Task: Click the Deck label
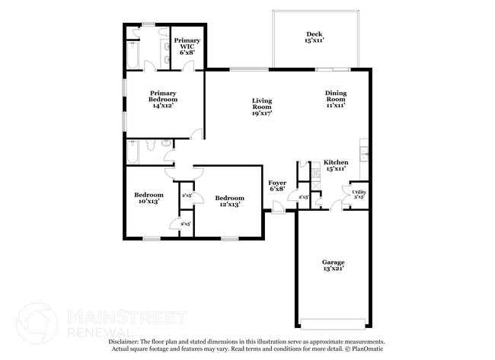[314, 34]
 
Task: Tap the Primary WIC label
[187, 43]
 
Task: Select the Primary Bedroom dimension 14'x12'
[163, 106]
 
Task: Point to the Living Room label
[262, 104]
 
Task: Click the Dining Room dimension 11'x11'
[336, 106]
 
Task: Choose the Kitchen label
[336, 162]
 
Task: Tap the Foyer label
[277, 183]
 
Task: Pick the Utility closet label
[359, 193]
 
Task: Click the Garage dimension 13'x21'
[333, 268]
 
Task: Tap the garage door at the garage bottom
[332, 321]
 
